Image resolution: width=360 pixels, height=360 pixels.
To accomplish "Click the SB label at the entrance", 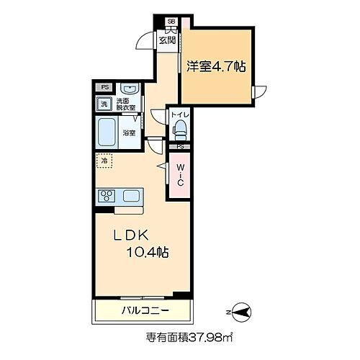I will pyautogui.click(x=172, y=21).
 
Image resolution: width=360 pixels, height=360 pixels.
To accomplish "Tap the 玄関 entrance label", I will pyautogui.click(x=168, y=40).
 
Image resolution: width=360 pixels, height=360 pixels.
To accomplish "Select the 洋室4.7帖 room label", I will pyautogui.click(x=217, y=67).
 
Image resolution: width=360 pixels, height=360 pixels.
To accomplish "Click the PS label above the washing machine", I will pyautogui.click(x=105, y=89).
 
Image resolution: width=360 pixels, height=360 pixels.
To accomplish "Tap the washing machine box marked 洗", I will pyautogui.click(x=105, y=105).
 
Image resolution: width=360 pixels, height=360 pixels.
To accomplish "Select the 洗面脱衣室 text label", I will pyautogui.click(x=127, y=105).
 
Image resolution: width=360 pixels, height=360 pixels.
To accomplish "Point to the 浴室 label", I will pyautogui.click(x=129, y=132).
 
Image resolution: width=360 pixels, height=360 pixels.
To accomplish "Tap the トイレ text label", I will pyautogui.click(x=181, y=113).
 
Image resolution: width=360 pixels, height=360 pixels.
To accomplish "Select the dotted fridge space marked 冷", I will pyautogui.click(x=105, y=163).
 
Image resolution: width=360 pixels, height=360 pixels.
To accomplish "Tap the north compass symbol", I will pyautogui.click(x=241, y=311).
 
